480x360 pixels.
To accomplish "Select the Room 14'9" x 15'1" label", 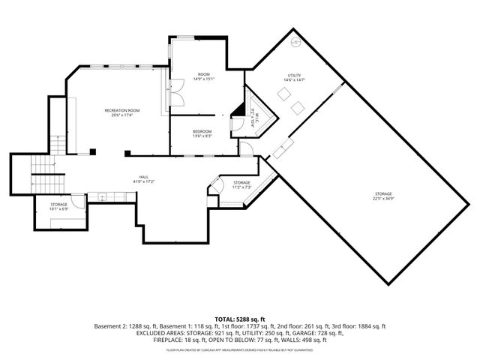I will pos(204,76).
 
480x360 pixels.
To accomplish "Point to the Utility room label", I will pos(294,77).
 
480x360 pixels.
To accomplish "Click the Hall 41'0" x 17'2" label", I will pos(143,179).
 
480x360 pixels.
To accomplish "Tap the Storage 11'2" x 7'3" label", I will pos(241,184).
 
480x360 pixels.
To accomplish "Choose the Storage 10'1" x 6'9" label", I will pos(59,206).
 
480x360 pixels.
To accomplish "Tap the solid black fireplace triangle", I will pos(238,112).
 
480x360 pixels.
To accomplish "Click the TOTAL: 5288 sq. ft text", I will pos(240,319).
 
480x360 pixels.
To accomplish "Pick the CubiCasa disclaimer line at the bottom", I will pos(240,349).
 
